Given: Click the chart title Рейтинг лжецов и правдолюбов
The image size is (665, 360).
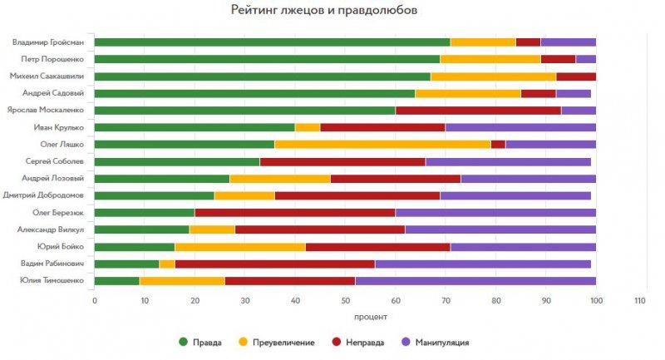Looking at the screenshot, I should (324, 11).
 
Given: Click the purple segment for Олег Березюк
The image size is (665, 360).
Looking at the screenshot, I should (495, 212).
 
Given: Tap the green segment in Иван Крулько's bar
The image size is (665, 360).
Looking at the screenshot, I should (195, 127).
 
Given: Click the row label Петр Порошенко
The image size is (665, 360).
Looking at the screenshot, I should (55, 59).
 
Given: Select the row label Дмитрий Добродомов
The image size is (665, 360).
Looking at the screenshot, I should (46, 195).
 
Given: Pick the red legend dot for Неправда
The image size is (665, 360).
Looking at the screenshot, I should (337, 342).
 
